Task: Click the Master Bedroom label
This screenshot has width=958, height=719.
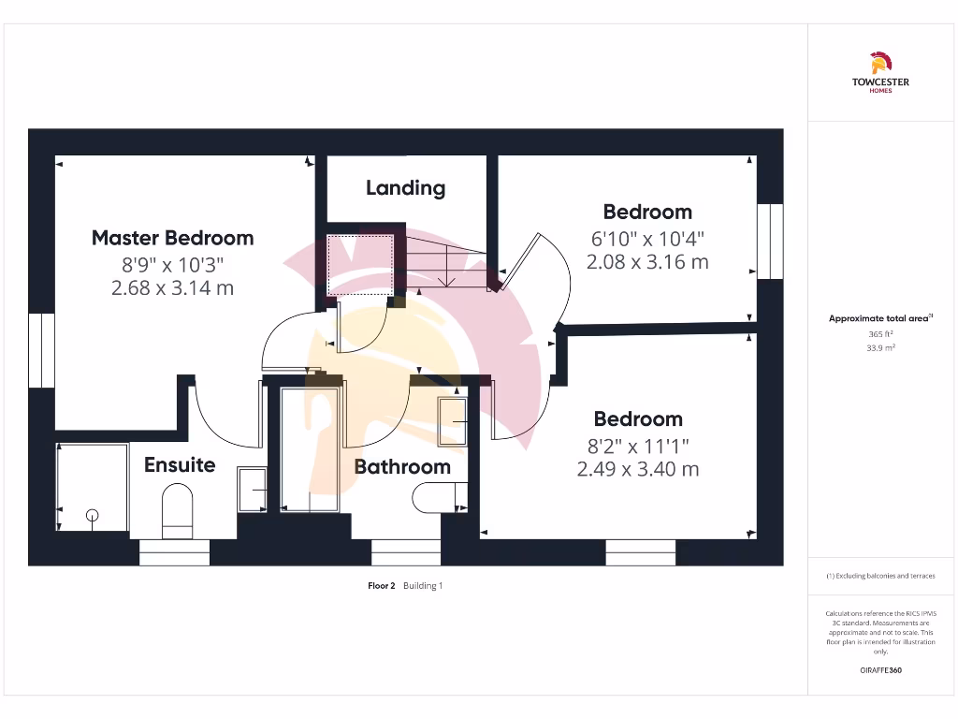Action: tap(172, 238)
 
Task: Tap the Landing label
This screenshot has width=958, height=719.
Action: tap(405, 187)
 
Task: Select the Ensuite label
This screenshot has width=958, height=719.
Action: tap(180, 465)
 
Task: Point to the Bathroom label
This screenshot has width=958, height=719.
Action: tap(402, 466)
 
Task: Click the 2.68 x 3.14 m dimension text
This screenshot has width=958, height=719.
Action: tap(172, 288)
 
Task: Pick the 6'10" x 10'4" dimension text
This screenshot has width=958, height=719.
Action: tap(646, 238)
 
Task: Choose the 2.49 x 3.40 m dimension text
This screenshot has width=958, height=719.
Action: tap(638, 469)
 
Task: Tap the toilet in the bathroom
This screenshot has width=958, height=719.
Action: tap(438, 498)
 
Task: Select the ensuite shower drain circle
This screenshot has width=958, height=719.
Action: tap(93, 514)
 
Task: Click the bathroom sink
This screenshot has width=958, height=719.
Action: tap(453, 422)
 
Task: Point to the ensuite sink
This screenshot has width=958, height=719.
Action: tap(252, 489)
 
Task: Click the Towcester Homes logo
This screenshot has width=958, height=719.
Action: tap(880, 74)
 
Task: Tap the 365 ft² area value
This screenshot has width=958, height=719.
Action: tap(880, 334)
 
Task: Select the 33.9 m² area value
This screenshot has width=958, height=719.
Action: tap(880, 347)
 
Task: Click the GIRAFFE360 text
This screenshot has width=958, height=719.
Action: tap(880, 670)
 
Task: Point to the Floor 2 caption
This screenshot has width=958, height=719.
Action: tap(381, 586)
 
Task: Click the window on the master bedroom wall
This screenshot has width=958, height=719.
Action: tap(42, 349)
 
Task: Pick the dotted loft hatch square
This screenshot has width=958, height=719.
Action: tap(359, 265)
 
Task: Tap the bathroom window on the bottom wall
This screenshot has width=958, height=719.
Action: tap(406, 552)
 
